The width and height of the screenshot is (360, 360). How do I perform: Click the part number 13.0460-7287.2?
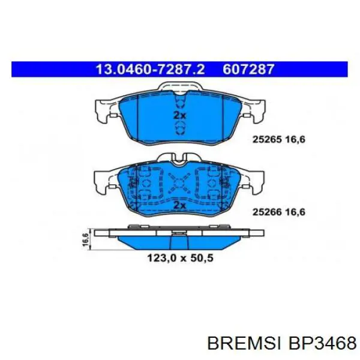click(x=150, y=69)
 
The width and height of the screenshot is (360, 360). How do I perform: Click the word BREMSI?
click(x=244, y=343)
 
